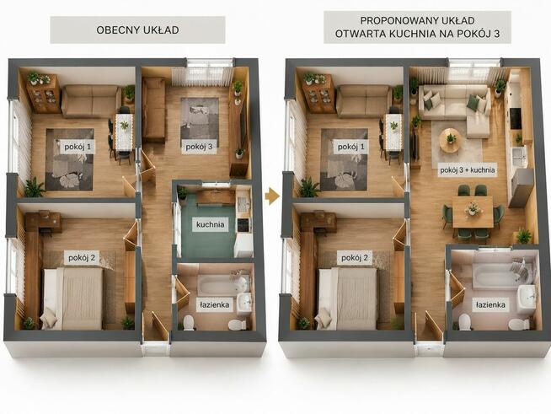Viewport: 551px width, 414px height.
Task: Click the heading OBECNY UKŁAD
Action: pos(137,30)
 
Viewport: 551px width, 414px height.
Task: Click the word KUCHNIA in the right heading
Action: pos(411,34)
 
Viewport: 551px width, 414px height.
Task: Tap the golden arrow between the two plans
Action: pos(271,196)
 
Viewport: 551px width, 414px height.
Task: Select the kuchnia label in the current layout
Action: pos(210,224)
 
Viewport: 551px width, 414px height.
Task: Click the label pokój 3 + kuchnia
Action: pos(468,170)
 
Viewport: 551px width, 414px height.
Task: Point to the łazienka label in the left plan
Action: pos(214,304)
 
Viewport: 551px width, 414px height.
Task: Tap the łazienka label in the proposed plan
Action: pos(490,304)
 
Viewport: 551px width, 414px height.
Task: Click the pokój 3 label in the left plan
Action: pos(199,147)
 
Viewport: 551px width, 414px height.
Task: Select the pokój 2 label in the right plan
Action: pos(355,258)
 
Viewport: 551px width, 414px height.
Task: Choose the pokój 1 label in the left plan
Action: pos(78,147)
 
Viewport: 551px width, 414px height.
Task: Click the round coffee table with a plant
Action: pos(449,140)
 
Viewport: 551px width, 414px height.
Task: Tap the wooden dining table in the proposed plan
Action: pos(473,212)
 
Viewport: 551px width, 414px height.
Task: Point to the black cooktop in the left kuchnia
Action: pos(243,225)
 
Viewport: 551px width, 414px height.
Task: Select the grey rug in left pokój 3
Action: pos(199,123)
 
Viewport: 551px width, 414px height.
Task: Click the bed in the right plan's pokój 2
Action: pos(347,298)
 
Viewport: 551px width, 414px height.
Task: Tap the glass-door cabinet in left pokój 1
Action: pos(44,94)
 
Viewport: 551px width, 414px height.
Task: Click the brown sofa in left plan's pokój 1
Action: pos(91,101)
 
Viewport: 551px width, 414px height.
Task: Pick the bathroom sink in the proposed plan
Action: pos(526,298)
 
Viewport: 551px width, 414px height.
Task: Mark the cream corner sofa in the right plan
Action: pos(457,105)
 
